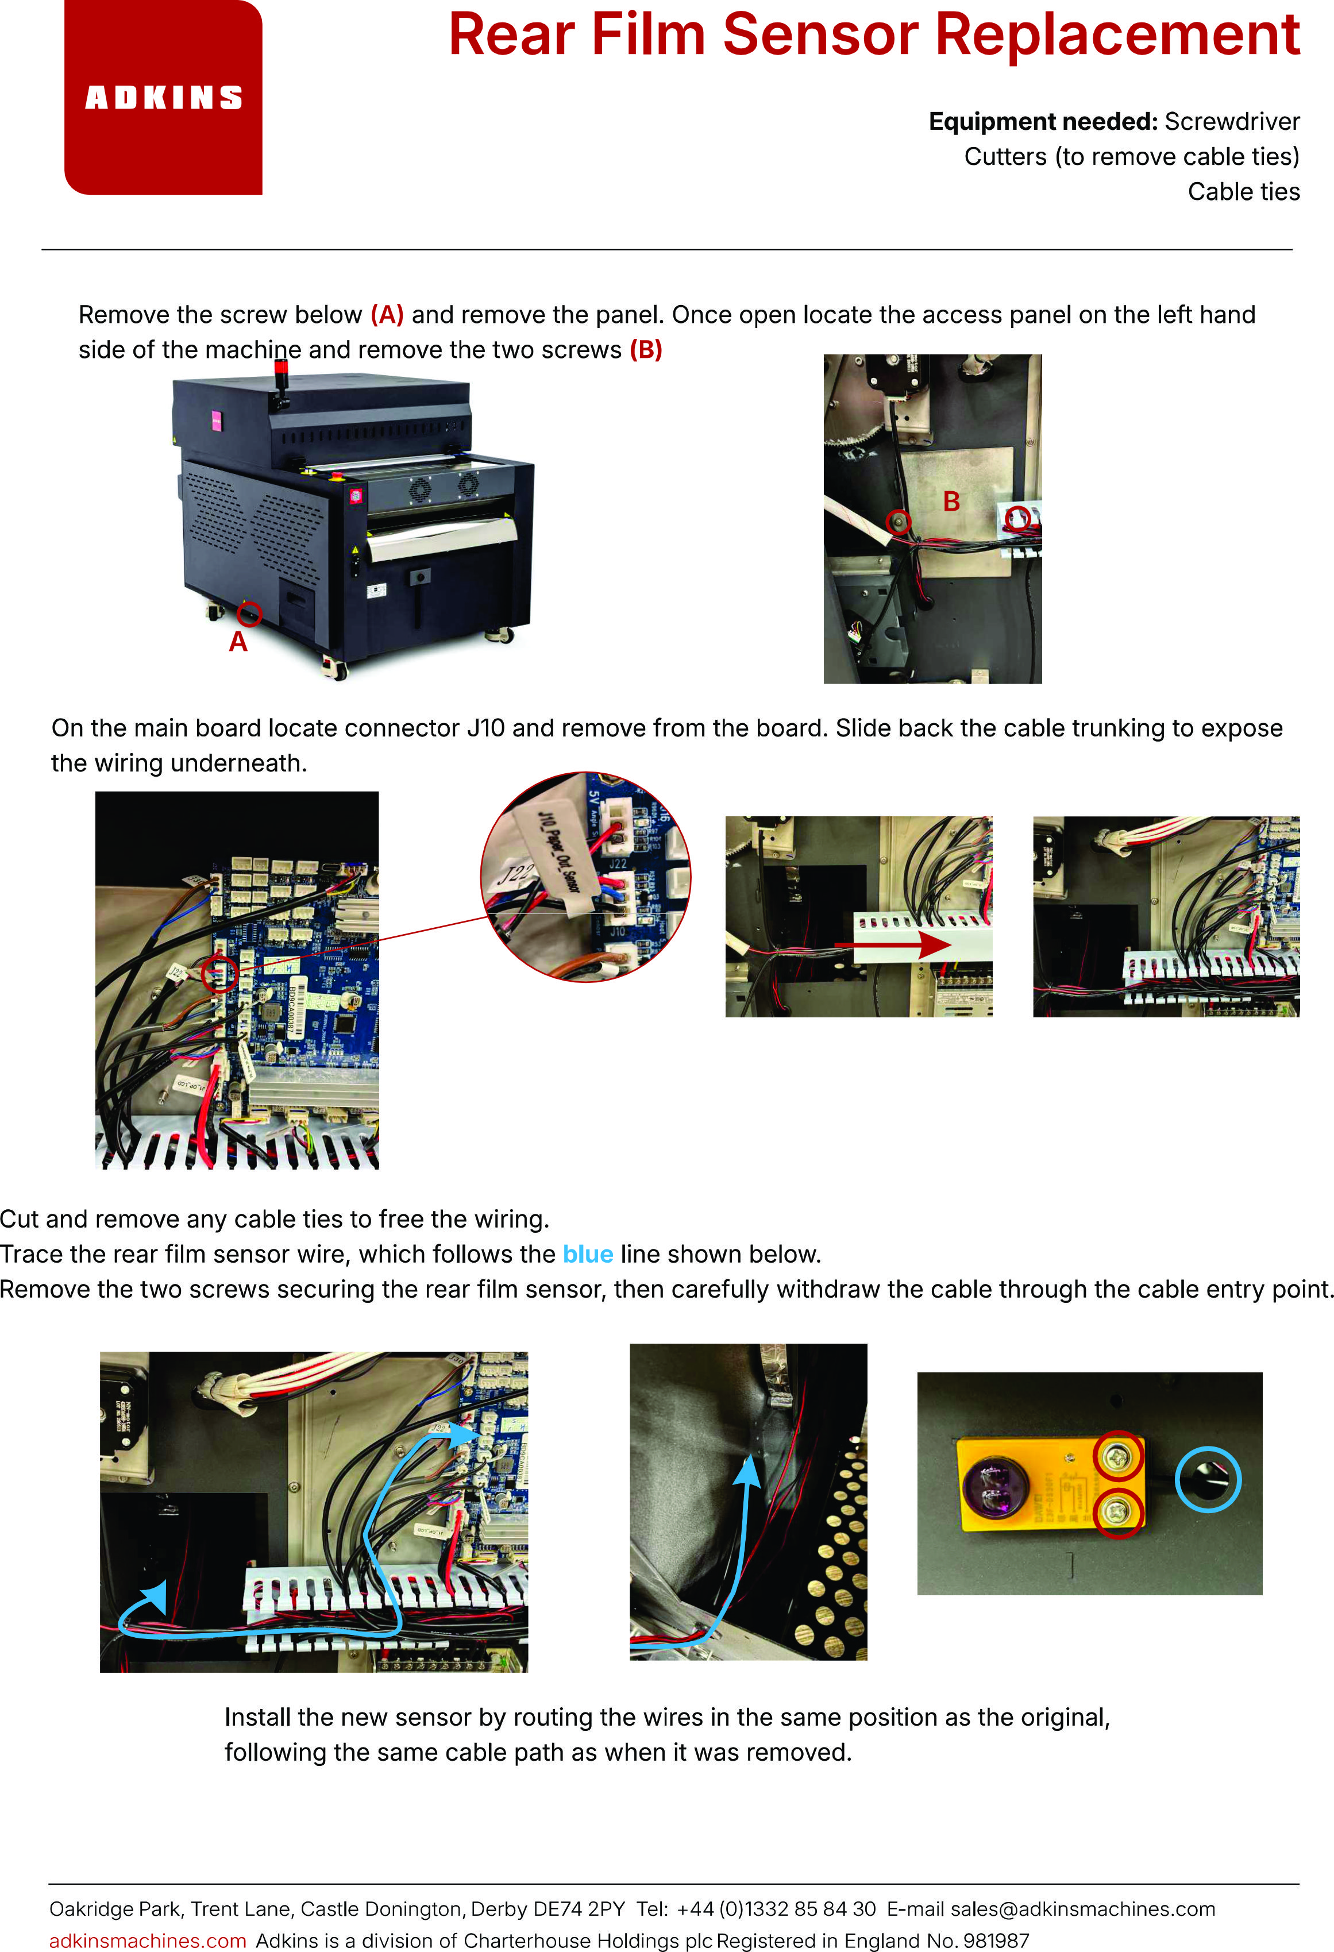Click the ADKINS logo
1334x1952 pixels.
click(x=164, y=98)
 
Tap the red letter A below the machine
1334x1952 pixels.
click(x=238, y=642)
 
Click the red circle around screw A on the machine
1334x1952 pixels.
click(x=249, y=614)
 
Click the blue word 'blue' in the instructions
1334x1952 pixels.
click(x=588, y=1254)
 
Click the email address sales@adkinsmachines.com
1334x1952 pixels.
click(x=1083, y=1909)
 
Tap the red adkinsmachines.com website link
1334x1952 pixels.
click(x=148, y=1941)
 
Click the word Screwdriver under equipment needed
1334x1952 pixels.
click(x=1232, y=122)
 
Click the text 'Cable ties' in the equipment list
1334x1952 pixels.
click(x=1244, y=192)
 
